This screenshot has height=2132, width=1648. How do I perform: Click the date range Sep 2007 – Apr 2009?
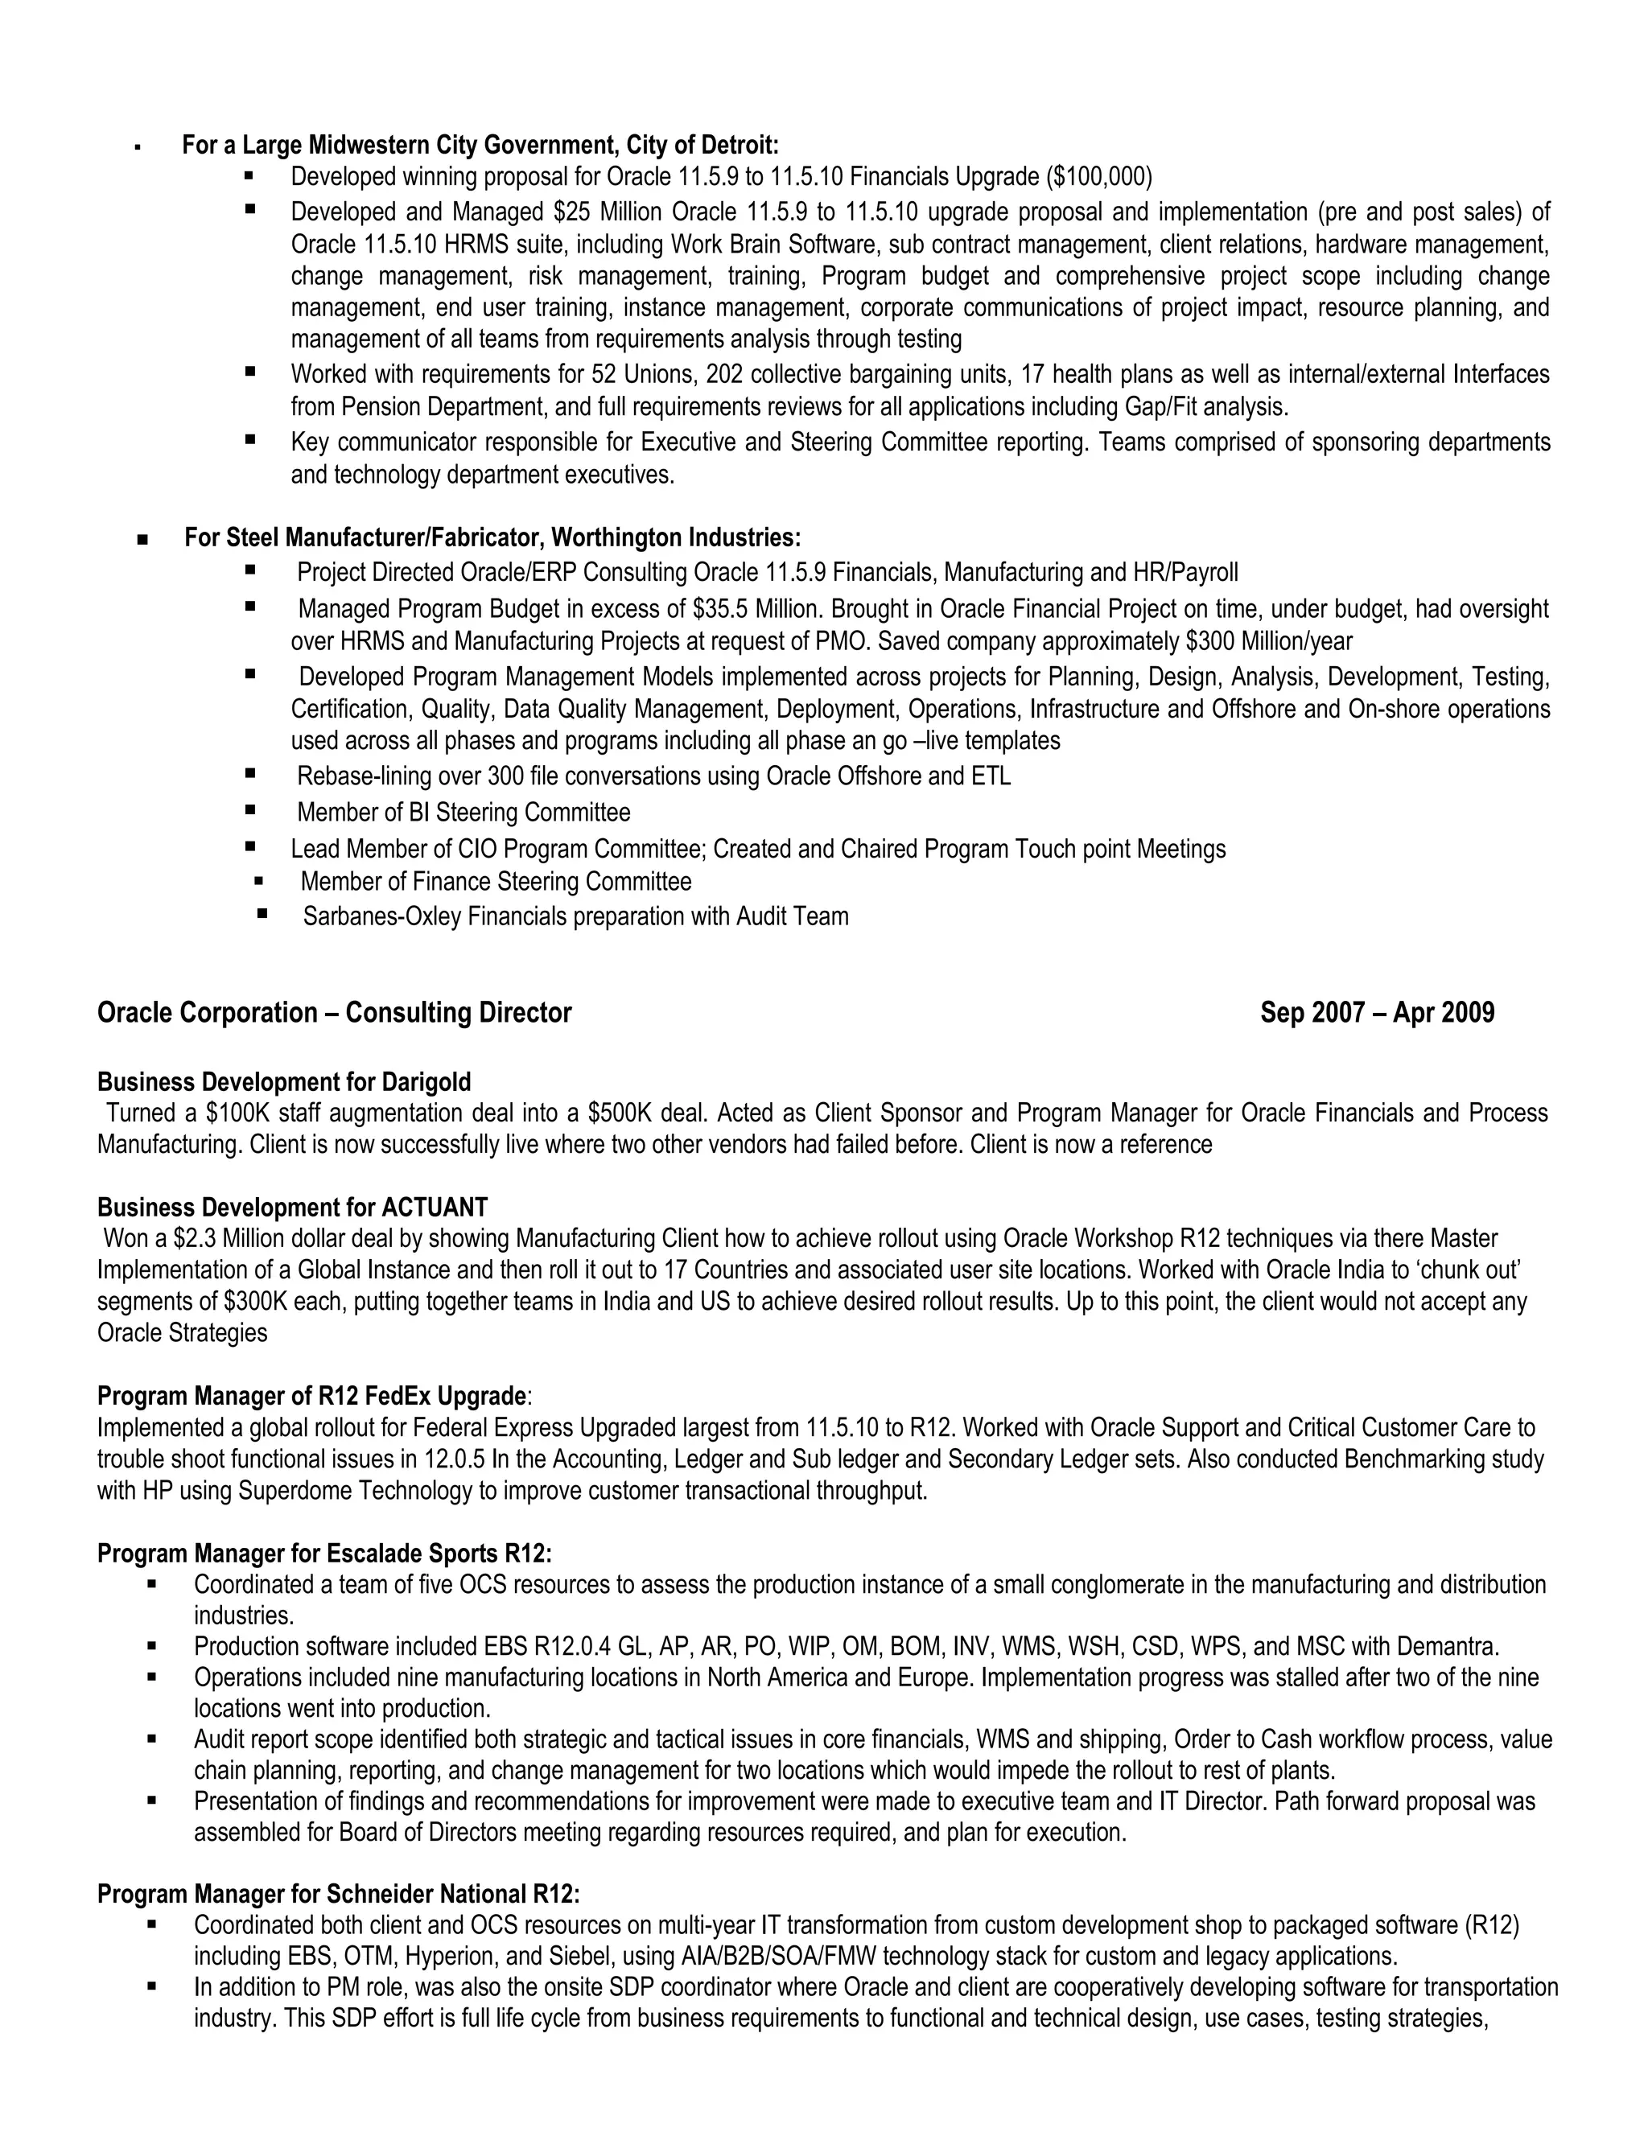(x=1377, y=1013)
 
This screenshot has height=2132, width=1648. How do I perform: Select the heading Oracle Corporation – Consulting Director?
(x=334, y=1013)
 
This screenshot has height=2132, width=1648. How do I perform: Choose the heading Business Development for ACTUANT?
(x=292, y=1208)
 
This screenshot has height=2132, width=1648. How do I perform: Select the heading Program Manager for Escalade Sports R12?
(x=324, y=1553)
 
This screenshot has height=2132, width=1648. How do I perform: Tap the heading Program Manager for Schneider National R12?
(x=338, y=1895)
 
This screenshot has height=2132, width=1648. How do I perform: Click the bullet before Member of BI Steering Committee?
(x=251, y=810)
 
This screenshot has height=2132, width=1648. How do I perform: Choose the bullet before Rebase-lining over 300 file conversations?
(x=251, y=774)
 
